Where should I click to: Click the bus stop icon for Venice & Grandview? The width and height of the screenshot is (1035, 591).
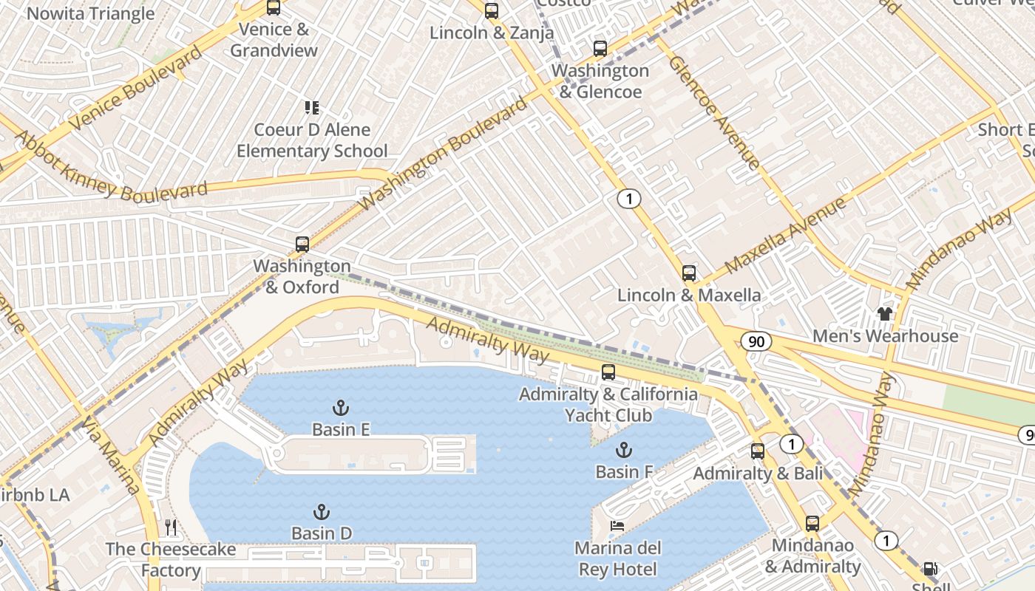274,8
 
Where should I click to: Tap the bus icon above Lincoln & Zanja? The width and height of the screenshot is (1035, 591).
492,11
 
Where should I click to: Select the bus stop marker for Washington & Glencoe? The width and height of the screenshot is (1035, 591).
600,49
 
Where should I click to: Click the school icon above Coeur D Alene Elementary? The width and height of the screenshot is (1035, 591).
312,108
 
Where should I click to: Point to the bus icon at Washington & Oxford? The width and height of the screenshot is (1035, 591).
302,245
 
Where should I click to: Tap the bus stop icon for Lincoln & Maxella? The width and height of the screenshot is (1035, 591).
688,273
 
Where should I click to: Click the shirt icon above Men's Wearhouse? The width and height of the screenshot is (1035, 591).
884,314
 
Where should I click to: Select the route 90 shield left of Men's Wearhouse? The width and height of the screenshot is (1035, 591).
756,341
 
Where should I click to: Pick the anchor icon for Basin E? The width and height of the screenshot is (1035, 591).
340,408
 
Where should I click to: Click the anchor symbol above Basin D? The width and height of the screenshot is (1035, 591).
321,512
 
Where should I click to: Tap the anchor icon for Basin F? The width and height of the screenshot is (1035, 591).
624,450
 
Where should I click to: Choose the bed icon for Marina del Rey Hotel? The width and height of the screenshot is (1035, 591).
617,527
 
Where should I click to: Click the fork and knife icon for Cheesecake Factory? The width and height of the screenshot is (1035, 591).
171,527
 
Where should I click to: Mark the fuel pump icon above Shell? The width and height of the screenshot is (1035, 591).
931,569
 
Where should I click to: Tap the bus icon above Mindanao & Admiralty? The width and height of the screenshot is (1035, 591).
812,524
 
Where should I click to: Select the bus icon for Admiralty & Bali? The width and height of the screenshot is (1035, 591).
757,451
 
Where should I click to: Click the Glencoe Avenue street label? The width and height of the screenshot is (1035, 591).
713,112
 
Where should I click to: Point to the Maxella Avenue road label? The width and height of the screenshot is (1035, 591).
785,236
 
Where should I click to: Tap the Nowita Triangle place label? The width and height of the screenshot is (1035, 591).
90,13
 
